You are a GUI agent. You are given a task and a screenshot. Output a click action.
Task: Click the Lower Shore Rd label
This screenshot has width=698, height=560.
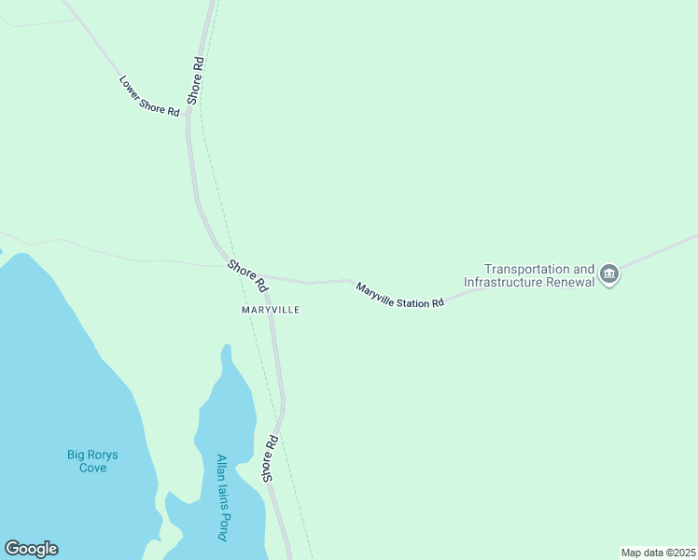pos(148,95)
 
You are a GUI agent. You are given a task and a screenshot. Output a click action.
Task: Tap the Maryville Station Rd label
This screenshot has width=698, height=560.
pos(398,295)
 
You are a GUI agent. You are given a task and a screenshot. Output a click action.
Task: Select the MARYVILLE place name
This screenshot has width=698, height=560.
pos(271,309)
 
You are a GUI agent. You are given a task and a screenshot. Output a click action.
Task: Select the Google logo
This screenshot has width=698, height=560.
pos(31,549)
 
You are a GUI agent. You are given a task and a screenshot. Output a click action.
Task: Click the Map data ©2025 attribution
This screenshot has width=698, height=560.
pos(658,553)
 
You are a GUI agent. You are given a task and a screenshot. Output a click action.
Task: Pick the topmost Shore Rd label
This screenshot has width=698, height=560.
pos(195,79)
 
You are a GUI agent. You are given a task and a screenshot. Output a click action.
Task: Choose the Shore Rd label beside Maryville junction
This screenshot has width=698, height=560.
pos(247,274)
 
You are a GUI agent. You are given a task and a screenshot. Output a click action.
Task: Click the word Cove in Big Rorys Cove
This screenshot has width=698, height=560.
pos(92,468)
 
